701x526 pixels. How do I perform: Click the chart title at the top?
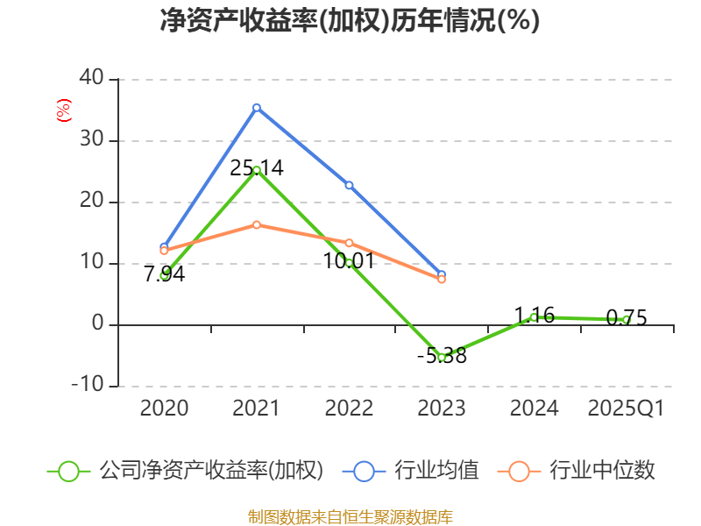tap(350, 21)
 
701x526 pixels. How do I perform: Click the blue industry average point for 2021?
tap(257, 107)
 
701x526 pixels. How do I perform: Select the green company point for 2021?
tap(257, 170)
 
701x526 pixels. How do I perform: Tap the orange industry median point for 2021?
tap(257, 224)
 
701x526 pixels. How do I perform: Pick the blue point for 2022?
tap(349, 185)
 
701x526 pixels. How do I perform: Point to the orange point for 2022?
tap(349, 243)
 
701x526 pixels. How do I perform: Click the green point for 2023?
tap(442, 357)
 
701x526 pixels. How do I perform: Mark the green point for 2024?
tap(534, 316)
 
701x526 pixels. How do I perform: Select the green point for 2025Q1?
tap(626, 320)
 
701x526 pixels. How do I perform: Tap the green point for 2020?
tap(164, 275)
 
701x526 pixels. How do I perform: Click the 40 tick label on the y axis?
tap(90, 79)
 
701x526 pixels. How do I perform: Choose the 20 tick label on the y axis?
tap(90, 202)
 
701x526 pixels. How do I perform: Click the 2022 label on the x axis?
tap(349, 409)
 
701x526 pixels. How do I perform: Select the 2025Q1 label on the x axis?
tap(626, 409)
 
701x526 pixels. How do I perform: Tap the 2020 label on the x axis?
tap(164, 409)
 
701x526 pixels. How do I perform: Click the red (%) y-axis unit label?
tap(63, 110)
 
